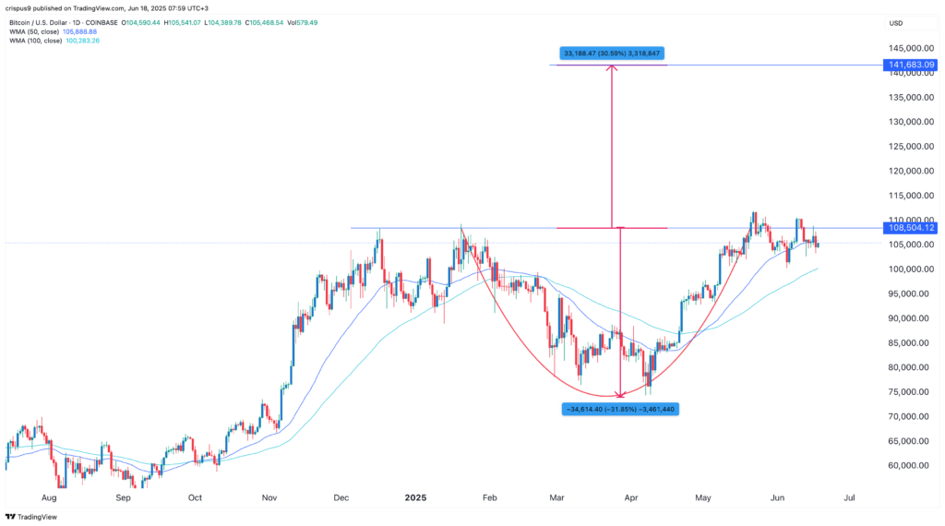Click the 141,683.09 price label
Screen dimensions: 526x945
(911, 65)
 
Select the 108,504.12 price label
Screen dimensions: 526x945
(911, 228)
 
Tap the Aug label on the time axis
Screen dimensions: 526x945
(50, 496)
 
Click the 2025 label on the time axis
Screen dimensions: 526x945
(417, 496)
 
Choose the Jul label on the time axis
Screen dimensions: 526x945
(849, 496)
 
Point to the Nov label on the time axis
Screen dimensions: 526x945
(269, 496)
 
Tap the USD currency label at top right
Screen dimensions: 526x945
(895, 22)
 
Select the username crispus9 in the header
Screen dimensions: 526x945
(21, 9)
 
